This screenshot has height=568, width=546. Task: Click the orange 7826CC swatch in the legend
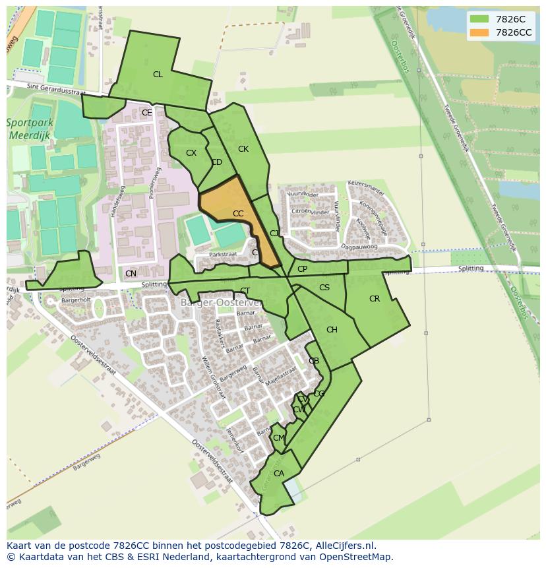coord(479,32)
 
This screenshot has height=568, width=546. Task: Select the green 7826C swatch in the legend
coord(479,19)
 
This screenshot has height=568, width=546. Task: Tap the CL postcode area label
coord(158,75)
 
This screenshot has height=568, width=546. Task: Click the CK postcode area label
coord(243,149)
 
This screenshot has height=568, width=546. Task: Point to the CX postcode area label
coord(191,153)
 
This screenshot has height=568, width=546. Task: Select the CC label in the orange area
coord(238,214)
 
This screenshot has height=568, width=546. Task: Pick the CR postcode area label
coord(375,299)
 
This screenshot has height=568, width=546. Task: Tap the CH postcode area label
coord(332,330)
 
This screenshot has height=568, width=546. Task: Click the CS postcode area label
coord(324,288)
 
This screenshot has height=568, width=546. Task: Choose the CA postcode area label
coord(279,474)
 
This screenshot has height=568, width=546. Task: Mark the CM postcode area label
coord(278,438)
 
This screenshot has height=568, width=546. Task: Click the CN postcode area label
coord(131,274)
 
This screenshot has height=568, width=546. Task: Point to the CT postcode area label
coord(245,291)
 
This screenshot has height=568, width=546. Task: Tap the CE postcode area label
coord(147,113)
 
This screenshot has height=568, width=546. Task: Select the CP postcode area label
coord(302,269)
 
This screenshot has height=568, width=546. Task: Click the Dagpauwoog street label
coord(359,245)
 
